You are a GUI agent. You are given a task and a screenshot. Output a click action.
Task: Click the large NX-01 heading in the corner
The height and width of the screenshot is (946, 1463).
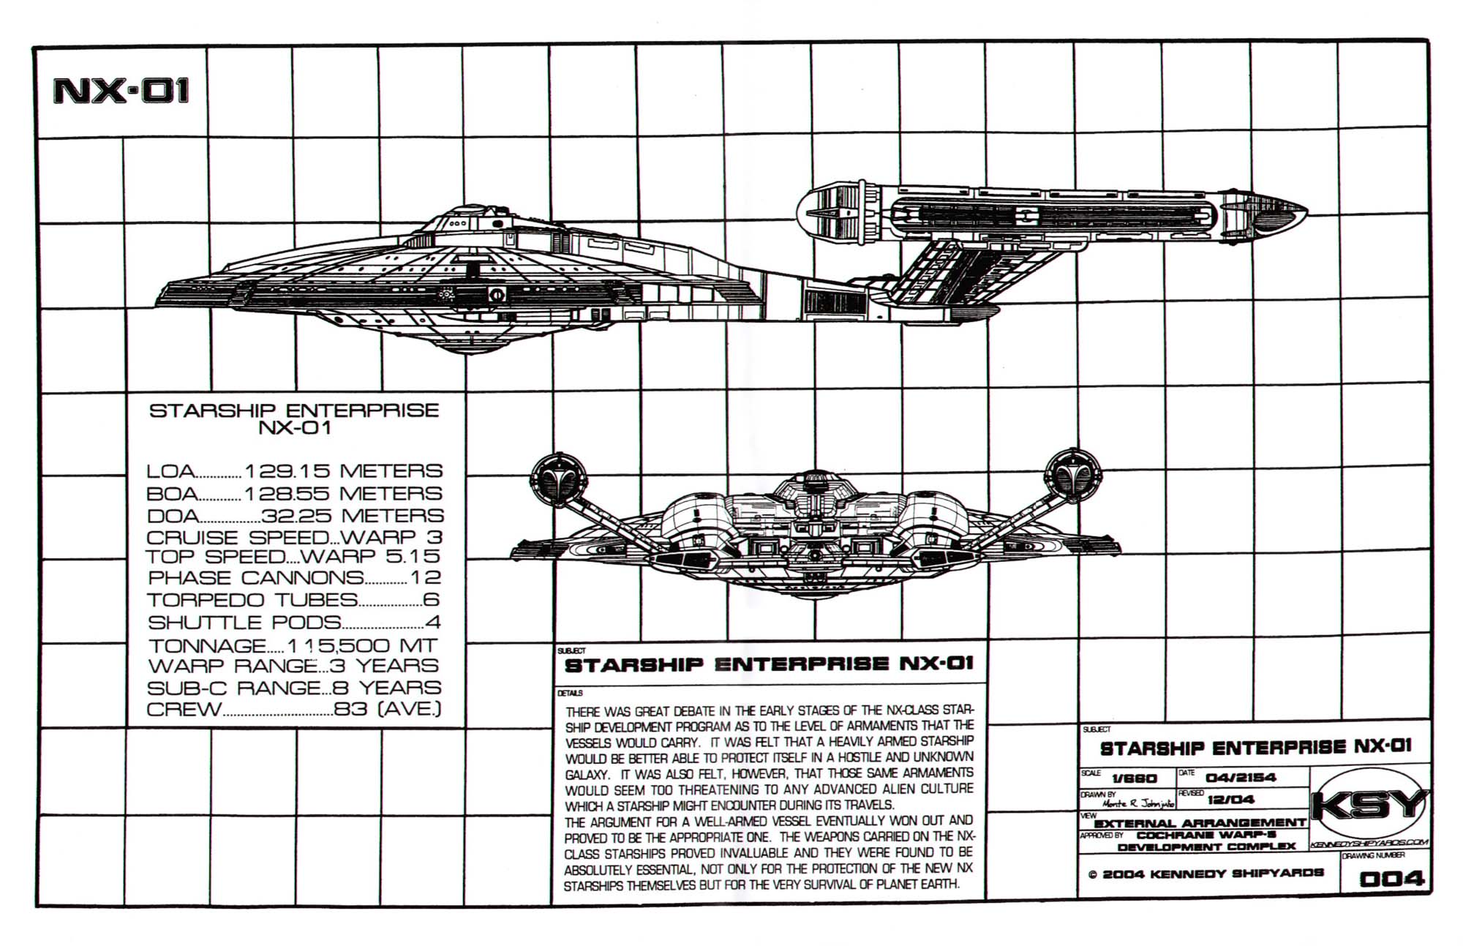tap(121, 91)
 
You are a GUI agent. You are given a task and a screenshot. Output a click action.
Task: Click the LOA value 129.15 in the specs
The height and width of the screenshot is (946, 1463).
tap(287, 470)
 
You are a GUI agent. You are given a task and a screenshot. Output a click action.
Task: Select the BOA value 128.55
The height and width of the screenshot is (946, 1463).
tap(287, 493)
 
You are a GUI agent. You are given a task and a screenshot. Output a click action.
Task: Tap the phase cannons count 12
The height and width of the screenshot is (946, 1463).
tap(425, 578)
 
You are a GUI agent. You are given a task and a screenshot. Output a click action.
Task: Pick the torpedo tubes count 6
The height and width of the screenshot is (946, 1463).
tap(431, 600)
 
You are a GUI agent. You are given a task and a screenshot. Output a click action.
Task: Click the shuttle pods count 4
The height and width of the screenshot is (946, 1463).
tap(433, 623)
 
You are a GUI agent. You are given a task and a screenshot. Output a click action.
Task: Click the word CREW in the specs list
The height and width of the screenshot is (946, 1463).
tap(184, 709)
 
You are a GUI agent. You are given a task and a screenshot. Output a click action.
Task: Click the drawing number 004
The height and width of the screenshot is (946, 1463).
tap(1391, 879)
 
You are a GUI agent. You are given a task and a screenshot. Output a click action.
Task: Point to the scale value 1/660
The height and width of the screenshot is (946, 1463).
tap(1134, 779)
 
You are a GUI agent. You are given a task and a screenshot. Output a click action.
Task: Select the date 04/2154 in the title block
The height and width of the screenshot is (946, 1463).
tap(1241, 777)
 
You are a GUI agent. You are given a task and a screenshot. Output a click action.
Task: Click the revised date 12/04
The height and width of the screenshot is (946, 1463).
tap(1230, 799)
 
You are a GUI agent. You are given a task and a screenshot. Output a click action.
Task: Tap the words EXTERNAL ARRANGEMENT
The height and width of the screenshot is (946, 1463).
tap(1200, 823)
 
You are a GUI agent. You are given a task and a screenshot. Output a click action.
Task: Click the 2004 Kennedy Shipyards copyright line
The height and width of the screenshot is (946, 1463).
tap(1206, 874)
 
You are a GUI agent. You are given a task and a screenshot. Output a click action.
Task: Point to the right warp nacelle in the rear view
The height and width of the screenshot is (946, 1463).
tap(1072, 476)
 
